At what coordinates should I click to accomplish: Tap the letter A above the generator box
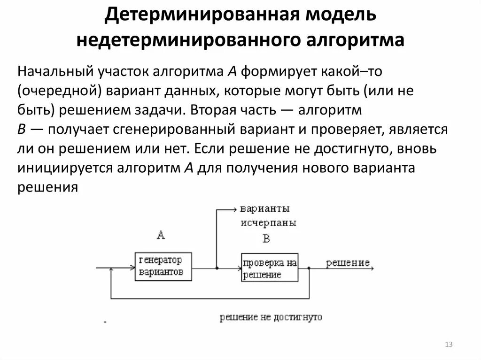click(161, 235)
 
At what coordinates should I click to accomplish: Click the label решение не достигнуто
click(271, 318)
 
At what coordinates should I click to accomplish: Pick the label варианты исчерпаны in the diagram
click(268, 215)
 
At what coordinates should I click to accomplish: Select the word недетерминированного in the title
click(183, 39)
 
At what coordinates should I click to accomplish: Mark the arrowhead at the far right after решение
click(372, 268)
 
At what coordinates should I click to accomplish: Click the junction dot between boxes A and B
click(216, 268)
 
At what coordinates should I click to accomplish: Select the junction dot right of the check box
click(309, 268)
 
